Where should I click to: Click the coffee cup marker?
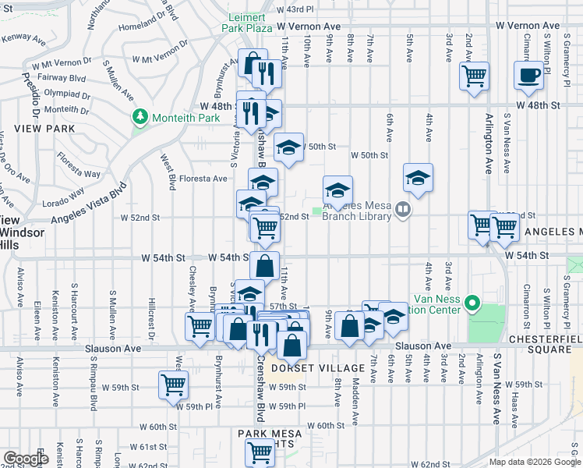coord(528,76)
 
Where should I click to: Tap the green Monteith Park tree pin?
coord(140,117)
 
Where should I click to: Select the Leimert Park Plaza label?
coord(249,23)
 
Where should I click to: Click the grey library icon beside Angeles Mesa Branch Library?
coord(402,208)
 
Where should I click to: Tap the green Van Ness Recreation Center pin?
coord(472,302)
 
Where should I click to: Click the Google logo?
coord(25,459)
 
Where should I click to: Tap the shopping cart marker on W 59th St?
coord(173,384)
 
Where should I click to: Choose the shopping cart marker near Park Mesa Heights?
coord(260,451)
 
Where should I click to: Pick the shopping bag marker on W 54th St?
coord(265,265)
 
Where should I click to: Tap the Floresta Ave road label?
coord(203,179)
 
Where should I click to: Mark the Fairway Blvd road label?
coord(65,78)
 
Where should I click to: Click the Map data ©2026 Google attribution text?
coord(534,461)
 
